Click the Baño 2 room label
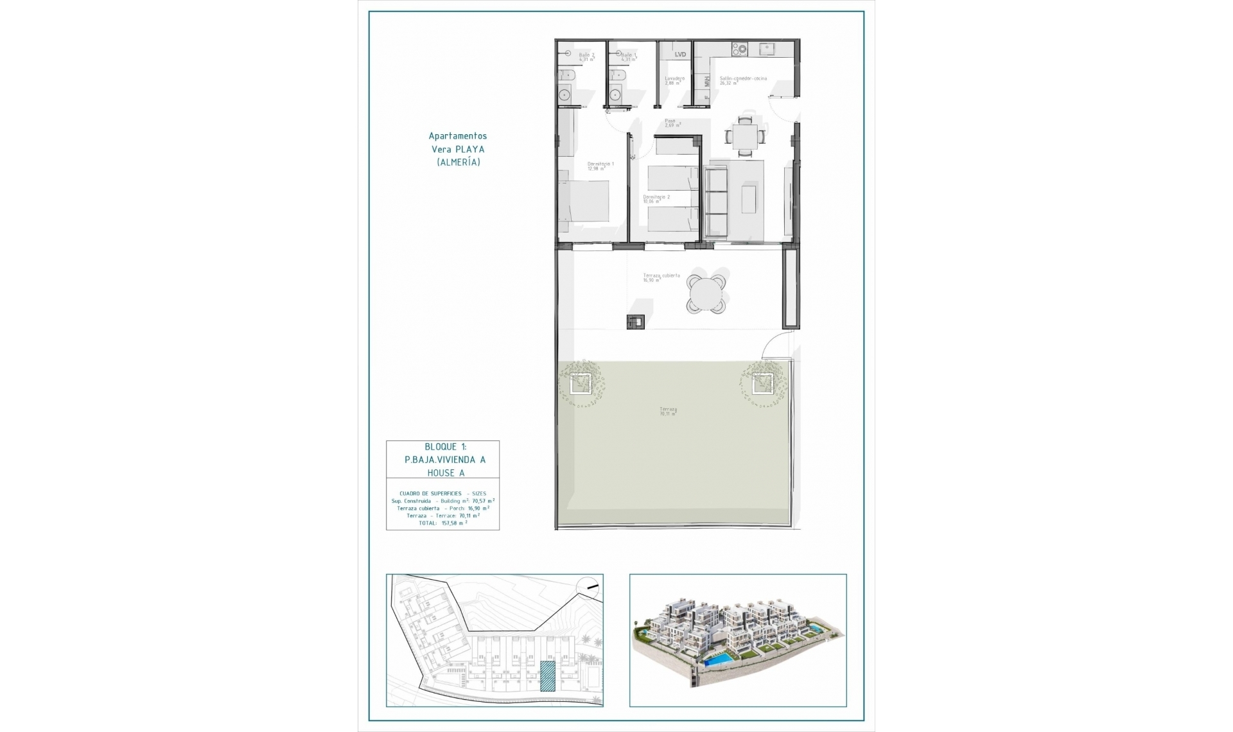586,57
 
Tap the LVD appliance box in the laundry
680,55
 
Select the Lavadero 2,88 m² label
674,80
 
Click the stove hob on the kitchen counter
740,48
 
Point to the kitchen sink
766,48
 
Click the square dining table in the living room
745,136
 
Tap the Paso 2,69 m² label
672,123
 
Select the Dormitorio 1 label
600,166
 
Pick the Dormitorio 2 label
656,199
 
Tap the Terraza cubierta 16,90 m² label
661,277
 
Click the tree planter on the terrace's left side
582,384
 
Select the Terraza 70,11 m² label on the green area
668,412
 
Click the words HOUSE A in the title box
446,473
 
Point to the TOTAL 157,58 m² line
442,523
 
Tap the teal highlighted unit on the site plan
547,676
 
